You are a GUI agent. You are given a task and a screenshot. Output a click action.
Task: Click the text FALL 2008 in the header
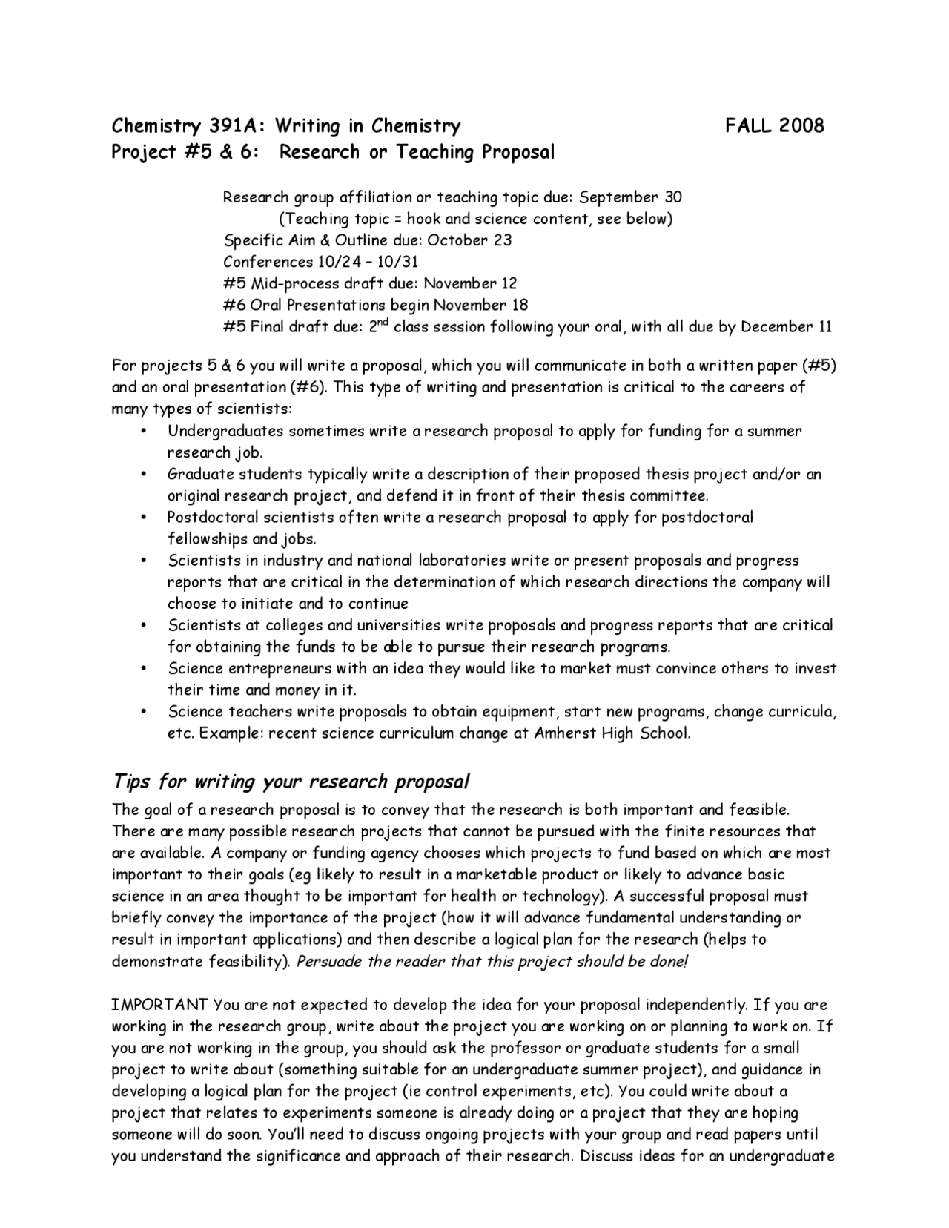click(774, 125)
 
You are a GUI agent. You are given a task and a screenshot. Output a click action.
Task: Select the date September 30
click(630, 197)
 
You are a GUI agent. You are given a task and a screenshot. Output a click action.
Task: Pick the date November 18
click(480, 305)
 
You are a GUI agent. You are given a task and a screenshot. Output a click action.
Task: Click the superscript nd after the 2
click(383, 323)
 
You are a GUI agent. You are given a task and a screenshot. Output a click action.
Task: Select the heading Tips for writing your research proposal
click(291, 782)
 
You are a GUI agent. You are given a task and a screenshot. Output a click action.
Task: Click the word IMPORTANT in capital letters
click(160, 1005)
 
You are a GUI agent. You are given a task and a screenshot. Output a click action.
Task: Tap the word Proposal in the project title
click(518, 152)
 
